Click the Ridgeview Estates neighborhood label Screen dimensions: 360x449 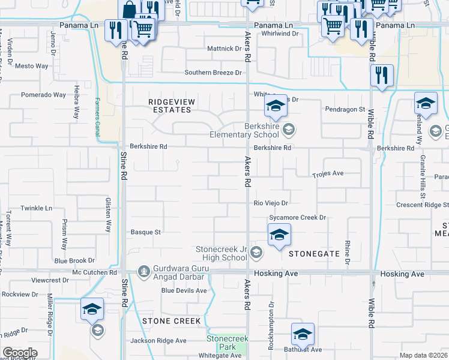click(x=170, y=106)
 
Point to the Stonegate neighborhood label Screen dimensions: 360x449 click(x=315, y=254)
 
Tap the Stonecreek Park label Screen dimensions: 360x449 click(x=227, y=343)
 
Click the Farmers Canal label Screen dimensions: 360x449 click(x=97, y=118)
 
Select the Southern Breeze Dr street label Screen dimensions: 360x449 click(x=213, y=73)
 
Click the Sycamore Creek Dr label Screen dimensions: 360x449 click(x=297, y=217)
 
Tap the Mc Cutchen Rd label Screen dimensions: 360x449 click(x=94, y=272)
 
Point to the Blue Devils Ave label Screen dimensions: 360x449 click(x=184, y=290)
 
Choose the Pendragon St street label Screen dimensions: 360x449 click(x=345, y=109)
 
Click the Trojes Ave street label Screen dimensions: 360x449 click(x=328, y=173)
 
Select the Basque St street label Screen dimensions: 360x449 click(x=146, y=232)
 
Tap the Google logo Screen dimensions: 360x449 click(x=20, y=353)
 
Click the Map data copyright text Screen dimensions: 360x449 click(x=423, y=356)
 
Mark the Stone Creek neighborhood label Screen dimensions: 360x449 click(x=171, y=321)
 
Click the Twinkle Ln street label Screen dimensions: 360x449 click(x=37, y=208)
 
